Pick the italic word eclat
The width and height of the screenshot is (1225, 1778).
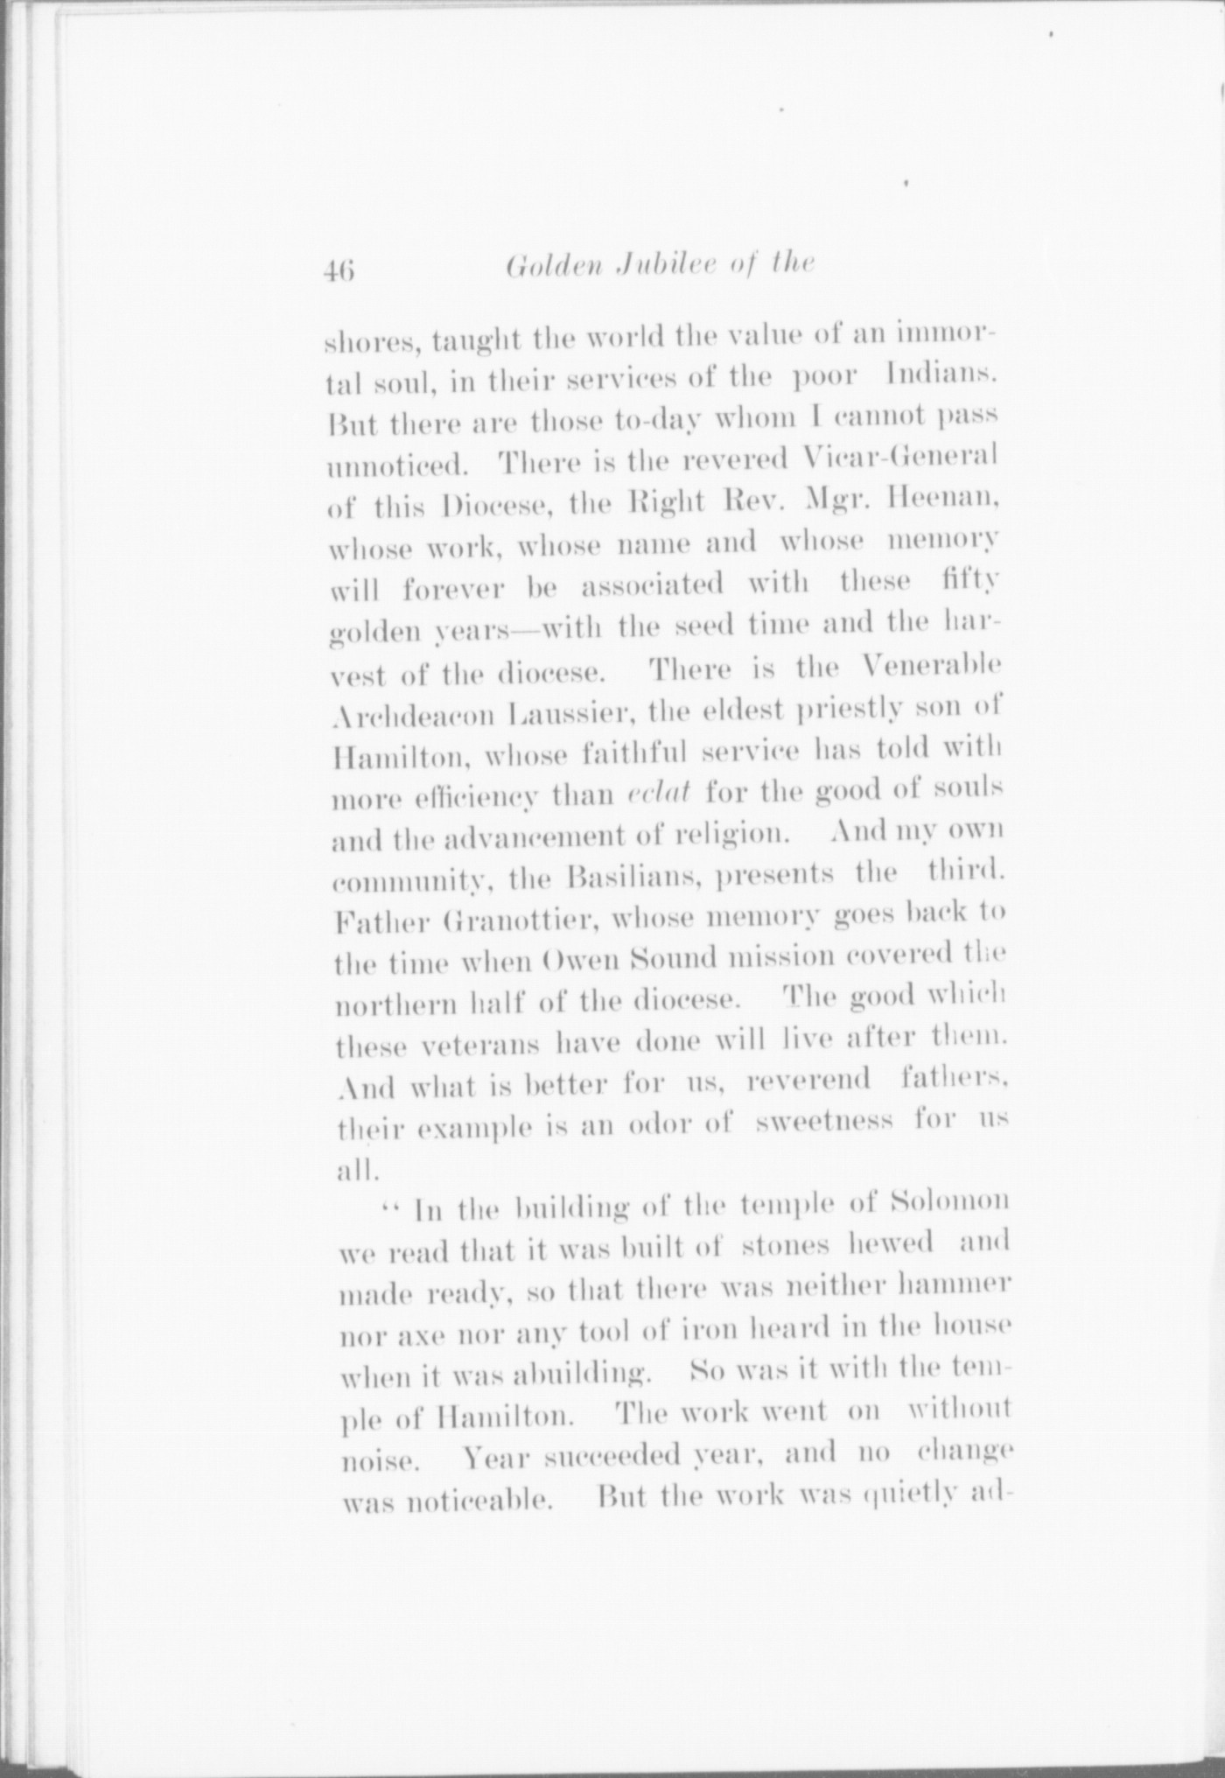[661, 792]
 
